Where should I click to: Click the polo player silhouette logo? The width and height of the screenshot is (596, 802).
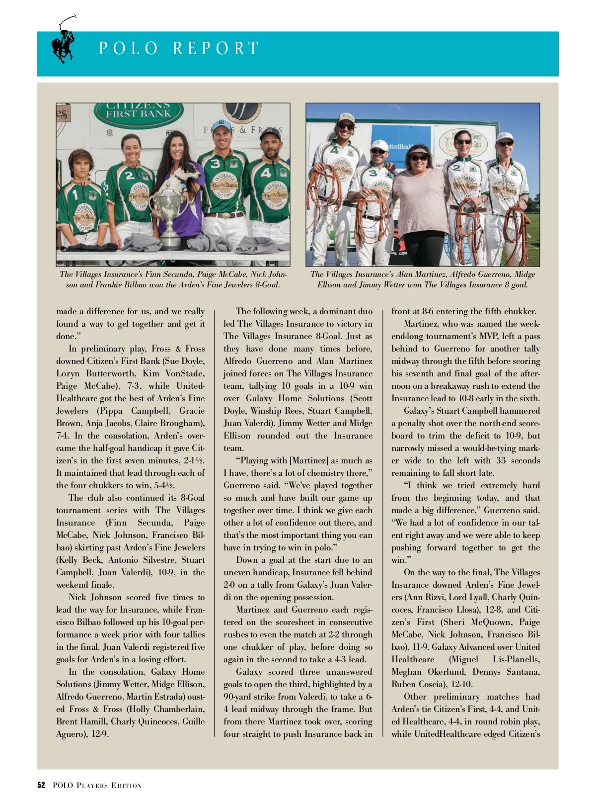64,41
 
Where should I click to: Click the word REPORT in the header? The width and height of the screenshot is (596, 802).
216,48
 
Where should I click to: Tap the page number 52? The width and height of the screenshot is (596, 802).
41,786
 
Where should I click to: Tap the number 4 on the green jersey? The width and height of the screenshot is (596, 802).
266,174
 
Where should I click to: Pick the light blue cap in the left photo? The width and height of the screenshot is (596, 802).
222,125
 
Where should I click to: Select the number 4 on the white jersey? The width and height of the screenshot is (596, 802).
334,150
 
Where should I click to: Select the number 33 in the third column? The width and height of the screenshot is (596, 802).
501,460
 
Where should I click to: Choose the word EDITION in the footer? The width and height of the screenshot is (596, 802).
127,786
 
